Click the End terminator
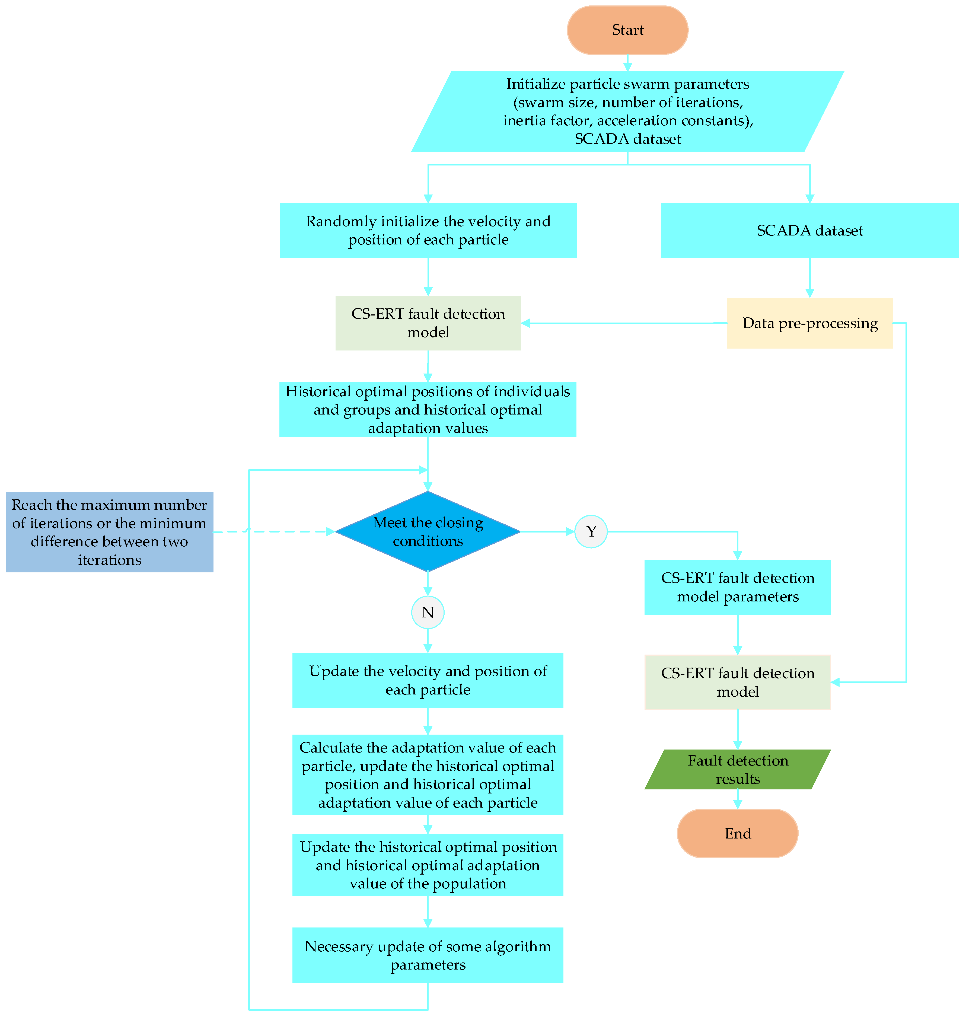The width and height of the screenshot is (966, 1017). tap(737, 833)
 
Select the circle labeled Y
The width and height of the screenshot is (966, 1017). tap(591, 531)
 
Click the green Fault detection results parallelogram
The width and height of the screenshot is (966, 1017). tap(737, 769)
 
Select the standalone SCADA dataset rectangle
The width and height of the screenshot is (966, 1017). tap(809, 230)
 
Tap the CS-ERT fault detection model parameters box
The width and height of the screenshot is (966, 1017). tap(737, 587)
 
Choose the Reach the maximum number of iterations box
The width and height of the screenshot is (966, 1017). tap(109, 532)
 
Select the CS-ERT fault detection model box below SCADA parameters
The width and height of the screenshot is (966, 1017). tap(737, 682)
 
